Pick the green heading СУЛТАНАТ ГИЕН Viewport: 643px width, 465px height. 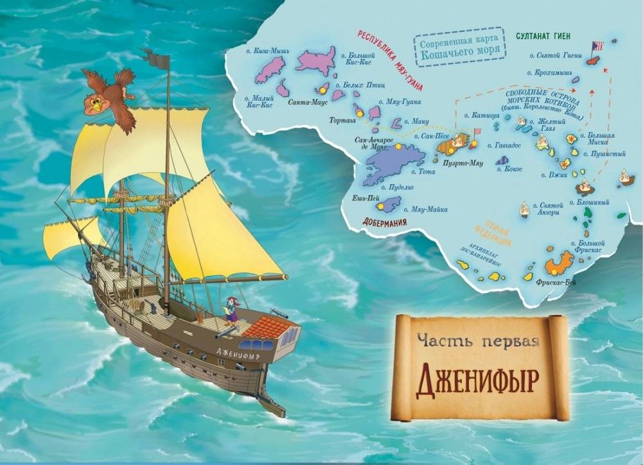pyautogui.click(x=544, y=35)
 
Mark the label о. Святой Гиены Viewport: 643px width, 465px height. pyautogui.click(x=556, y=55)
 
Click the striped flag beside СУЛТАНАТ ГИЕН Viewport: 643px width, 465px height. pyautogui.click(x=599, y=46)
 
